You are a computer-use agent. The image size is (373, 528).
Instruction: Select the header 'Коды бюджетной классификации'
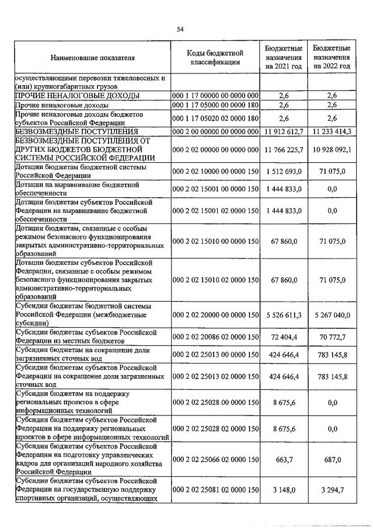coord(215,57)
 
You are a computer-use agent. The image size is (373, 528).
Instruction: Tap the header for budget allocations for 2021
coord(283,57)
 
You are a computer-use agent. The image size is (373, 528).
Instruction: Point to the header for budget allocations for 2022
coord(331,57)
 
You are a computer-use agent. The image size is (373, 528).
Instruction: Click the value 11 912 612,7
coord(284,132)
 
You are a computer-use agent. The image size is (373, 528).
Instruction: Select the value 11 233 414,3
coord(332,132)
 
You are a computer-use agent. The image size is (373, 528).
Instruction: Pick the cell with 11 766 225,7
coord(284,150)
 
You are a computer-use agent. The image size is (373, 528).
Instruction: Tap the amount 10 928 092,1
coord(332,150)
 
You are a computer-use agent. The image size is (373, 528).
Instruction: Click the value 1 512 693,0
coord(284,172)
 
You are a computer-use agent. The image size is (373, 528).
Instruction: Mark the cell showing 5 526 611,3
coord(284,315)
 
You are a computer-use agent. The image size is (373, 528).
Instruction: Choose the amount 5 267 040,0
coord(332,315)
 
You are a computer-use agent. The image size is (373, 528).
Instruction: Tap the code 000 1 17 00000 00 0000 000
coord(215,95)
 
